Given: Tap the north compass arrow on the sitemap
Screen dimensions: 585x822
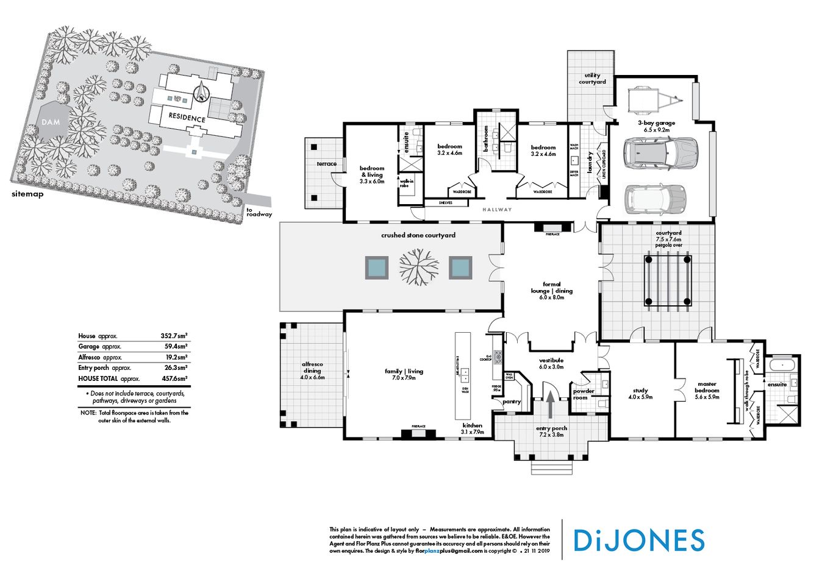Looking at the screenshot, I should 201,93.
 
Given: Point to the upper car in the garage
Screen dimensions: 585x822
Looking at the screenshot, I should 660,152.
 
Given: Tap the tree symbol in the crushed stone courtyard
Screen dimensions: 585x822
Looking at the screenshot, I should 419,267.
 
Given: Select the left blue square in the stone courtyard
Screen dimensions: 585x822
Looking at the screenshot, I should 376,267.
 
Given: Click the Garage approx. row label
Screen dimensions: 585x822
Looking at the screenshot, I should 100,346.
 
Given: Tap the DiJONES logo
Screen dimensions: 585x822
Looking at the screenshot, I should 639,541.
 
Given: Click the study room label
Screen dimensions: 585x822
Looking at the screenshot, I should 640,394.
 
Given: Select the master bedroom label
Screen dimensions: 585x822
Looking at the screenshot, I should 707,388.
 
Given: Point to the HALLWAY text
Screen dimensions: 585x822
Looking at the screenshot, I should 497,210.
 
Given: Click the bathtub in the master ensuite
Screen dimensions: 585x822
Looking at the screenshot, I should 781,366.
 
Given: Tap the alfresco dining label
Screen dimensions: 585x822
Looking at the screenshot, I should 312,370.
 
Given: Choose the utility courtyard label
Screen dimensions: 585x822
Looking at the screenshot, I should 592,79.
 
